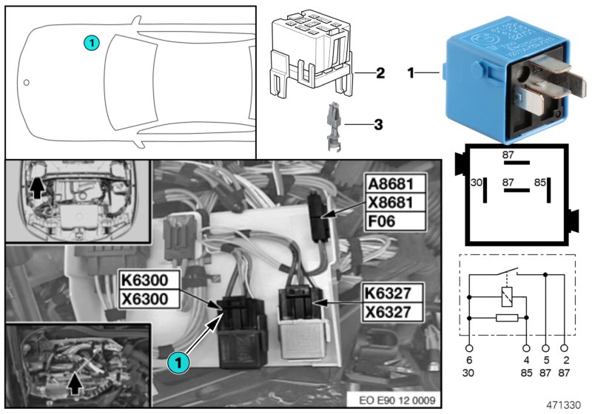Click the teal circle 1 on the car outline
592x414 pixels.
[90, 43]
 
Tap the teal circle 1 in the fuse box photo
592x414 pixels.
[175, 362]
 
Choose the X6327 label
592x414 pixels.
[394, 311]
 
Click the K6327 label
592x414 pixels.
[394, 293]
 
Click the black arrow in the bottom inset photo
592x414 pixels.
[74, 383]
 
